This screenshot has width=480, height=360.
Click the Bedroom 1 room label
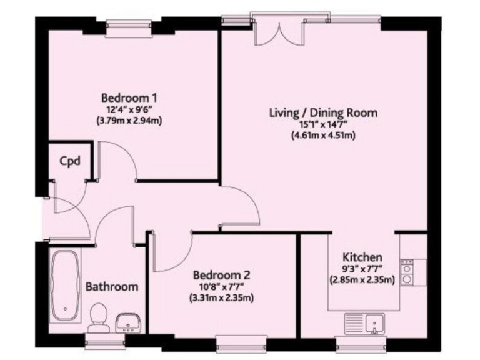129,98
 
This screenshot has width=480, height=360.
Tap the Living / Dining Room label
323,113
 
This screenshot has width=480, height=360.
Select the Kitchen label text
362,257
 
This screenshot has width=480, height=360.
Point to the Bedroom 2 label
222,275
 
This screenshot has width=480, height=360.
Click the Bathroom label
111,287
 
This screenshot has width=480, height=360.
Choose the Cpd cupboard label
69,161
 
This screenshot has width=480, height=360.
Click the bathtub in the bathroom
64,284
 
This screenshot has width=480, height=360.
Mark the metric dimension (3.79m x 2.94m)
129,121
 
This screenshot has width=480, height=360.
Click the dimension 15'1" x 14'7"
323,124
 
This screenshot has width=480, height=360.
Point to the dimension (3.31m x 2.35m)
222,297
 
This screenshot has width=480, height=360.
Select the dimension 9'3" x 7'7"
362,269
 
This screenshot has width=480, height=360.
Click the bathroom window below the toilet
104,341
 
